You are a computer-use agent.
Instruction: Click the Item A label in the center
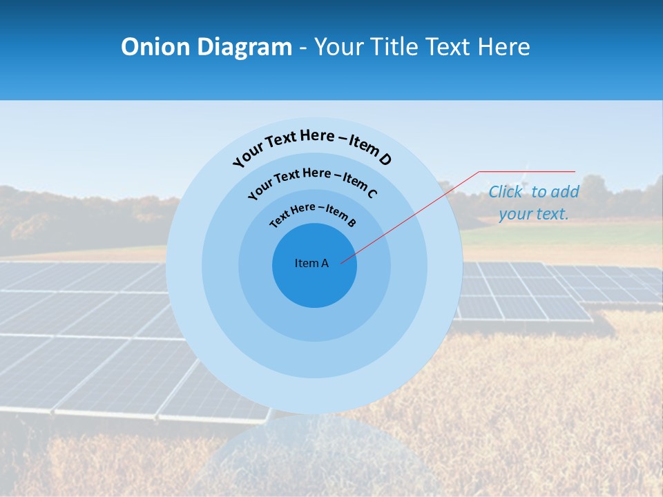311,263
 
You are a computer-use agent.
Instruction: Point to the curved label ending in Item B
313,213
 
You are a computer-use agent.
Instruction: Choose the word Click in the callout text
505,192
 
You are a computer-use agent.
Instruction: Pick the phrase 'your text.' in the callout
533,214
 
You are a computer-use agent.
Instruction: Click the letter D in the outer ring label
384,159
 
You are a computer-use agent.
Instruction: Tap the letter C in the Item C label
372,193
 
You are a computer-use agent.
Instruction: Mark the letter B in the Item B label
352,222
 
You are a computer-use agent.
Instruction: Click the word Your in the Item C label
260,188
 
